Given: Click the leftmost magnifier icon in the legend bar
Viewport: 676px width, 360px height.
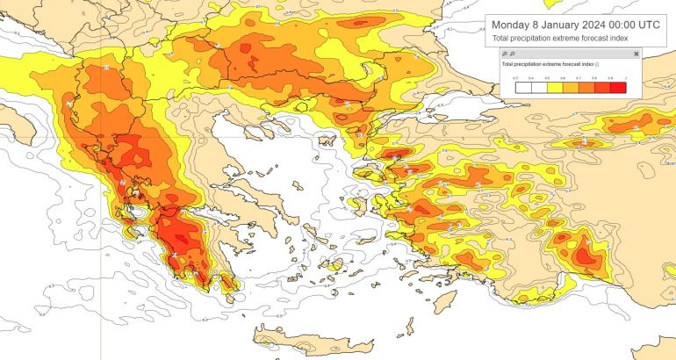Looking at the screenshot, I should point(504,54).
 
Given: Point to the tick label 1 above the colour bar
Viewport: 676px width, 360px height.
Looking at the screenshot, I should point(625,79).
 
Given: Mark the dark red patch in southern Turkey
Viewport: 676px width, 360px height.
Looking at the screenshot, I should point(583,254).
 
